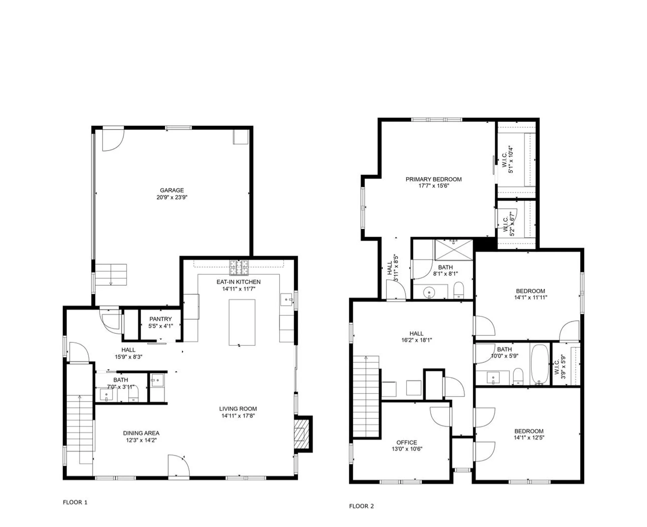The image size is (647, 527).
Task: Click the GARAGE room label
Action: [172, 190]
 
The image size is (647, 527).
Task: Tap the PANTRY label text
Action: [160, 319]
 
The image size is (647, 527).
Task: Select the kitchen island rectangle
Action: [242, 322]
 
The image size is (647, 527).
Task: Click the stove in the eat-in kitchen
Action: [239, 268]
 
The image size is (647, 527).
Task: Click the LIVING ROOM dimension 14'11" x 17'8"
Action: [238, 416]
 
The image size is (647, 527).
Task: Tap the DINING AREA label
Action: [141, 433]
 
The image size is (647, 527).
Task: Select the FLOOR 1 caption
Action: [75, 502]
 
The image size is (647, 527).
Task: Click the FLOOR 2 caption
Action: [361, 506]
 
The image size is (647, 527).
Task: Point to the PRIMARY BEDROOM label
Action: [433, 179]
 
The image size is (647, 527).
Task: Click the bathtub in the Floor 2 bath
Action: [540, 364]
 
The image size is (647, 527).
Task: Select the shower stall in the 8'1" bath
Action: [454, 250]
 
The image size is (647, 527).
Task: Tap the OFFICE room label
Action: [407, 442]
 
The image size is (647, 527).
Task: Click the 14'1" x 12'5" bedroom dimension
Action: [529, 438]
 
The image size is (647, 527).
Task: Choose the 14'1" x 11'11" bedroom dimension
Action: [530, 297]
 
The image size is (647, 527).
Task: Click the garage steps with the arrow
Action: [111, 274]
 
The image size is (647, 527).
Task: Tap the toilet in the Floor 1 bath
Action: [133, 394]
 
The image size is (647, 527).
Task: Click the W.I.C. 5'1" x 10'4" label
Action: [507, 160]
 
